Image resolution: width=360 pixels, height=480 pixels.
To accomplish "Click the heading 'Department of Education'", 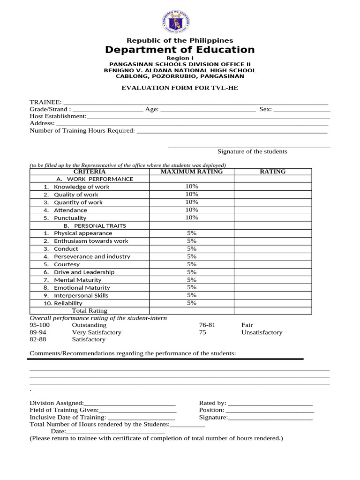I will point(180,50).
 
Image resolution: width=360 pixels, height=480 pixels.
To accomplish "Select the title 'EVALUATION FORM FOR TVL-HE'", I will point(180,88).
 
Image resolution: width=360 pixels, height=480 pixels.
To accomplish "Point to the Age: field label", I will point(152,109).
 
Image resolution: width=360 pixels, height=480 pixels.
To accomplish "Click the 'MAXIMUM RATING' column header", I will point(191,172).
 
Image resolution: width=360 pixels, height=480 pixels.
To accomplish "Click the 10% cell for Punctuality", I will point(191,217).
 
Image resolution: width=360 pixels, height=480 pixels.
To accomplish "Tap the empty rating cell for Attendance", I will point(273,210).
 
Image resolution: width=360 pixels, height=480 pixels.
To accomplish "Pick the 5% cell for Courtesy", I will point(191,264).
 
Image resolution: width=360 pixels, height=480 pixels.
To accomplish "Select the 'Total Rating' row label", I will point(89,310).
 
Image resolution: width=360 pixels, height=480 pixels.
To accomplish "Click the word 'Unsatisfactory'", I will point(262,332).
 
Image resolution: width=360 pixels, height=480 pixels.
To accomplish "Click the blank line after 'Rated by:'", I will point(270,403).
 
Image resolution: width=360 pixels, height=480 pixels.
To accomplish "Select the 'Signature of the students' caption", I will point(252,151).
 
